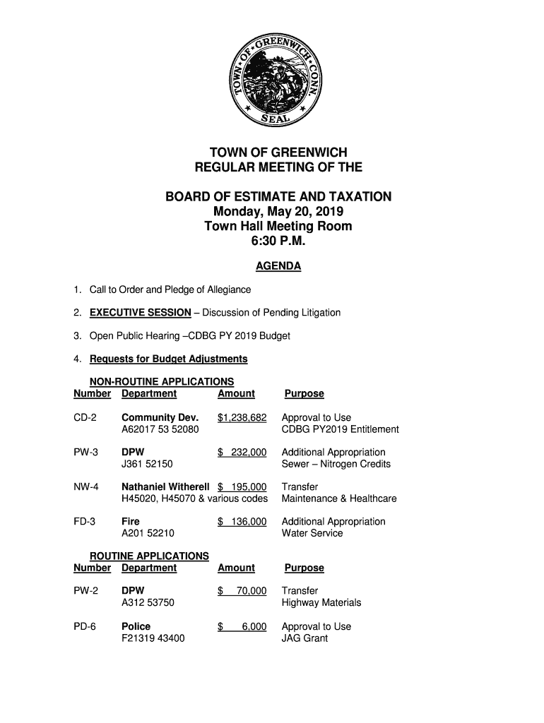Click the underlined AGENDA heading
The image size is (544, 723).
tap(278, 266)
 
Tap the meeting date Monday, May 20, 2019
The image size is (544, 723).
tap(278, 212)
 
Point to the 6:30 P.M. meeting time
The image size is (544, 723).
tap(278, 241)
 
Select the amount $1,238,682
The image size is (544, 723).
tap(242, 417)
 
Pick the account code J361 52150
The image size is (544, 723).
tap(148, 464)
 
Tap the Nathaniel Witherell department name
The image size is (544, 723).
tap(166, 486)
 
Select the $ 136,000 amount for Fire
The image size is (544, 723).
tap(242, 521)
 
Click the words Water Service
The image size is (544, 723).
tap(312, 533)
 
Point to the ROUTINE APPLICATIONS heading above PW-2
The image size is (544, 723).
tap(149, 556)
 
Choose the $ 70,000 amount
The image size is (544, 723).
tap(242, 591)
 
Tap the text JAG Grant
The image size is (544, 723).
tap(304, 638)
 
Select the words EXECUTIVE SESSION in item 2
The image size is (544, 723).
tap(140, 313)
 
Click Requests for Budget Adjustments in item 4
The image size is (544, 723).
tap(168, 359)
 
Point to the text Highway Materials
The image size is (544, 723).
tap(321, 602)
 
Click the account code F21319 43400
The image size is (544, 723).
tap(153, 638)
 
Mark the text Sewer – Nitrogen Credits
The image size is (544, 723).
tap(336, 464)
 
